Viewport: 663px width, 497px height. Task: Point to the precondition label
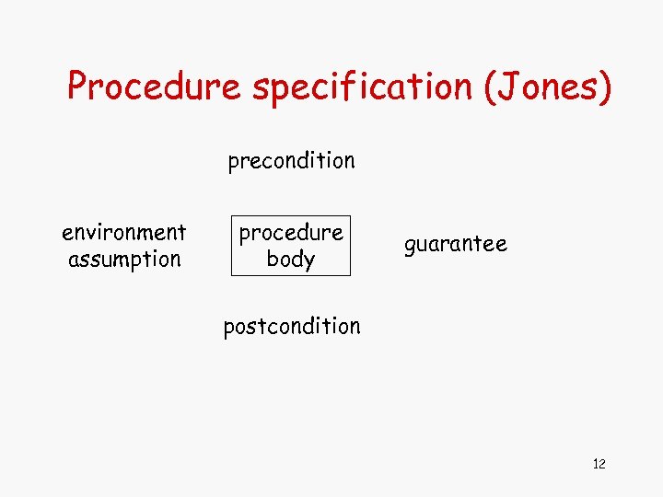click(291, 161)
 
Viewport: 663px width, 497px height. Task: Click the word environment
click(124, 232)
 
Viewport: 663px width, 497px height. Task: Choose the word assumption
click(124, 259)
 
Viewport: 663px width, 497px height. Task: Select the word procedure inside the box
click(291, 232)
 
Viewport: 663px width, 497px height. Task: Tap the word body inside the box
click(291, 259)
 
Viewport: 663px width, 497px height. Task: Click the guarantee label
click(456, 244)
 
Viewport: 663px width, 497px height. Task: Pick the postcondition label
click(292, 326)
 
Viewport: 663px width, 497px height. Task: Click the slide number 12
click(599, 463)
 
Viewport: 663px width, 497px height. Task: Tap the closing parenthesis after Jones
click(603, 87)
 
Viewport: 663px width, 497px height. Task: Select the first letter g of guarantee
click(410, 246)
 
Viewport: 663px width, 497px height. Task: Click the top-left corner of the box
click(230, 217)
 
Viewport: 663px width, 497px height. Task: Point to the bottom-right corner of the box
click(351, 275)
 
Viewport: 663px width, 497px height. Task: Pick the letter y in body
click(308, 260)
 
